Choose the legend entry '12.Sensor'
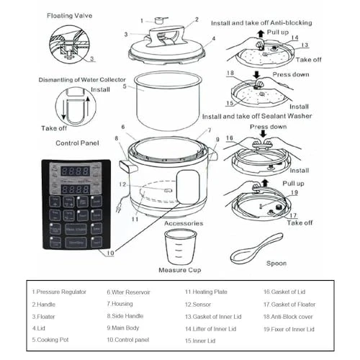tap(203, 305)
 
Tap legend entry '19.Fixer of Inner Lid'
tap(289, 329)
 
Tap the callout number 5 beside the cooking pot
tap(124, 86)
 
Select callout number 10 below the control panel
tap(109, 253)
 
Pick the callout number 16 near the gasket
tap(229, 138)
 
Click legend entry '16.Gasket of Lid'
tap(284, 292)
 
